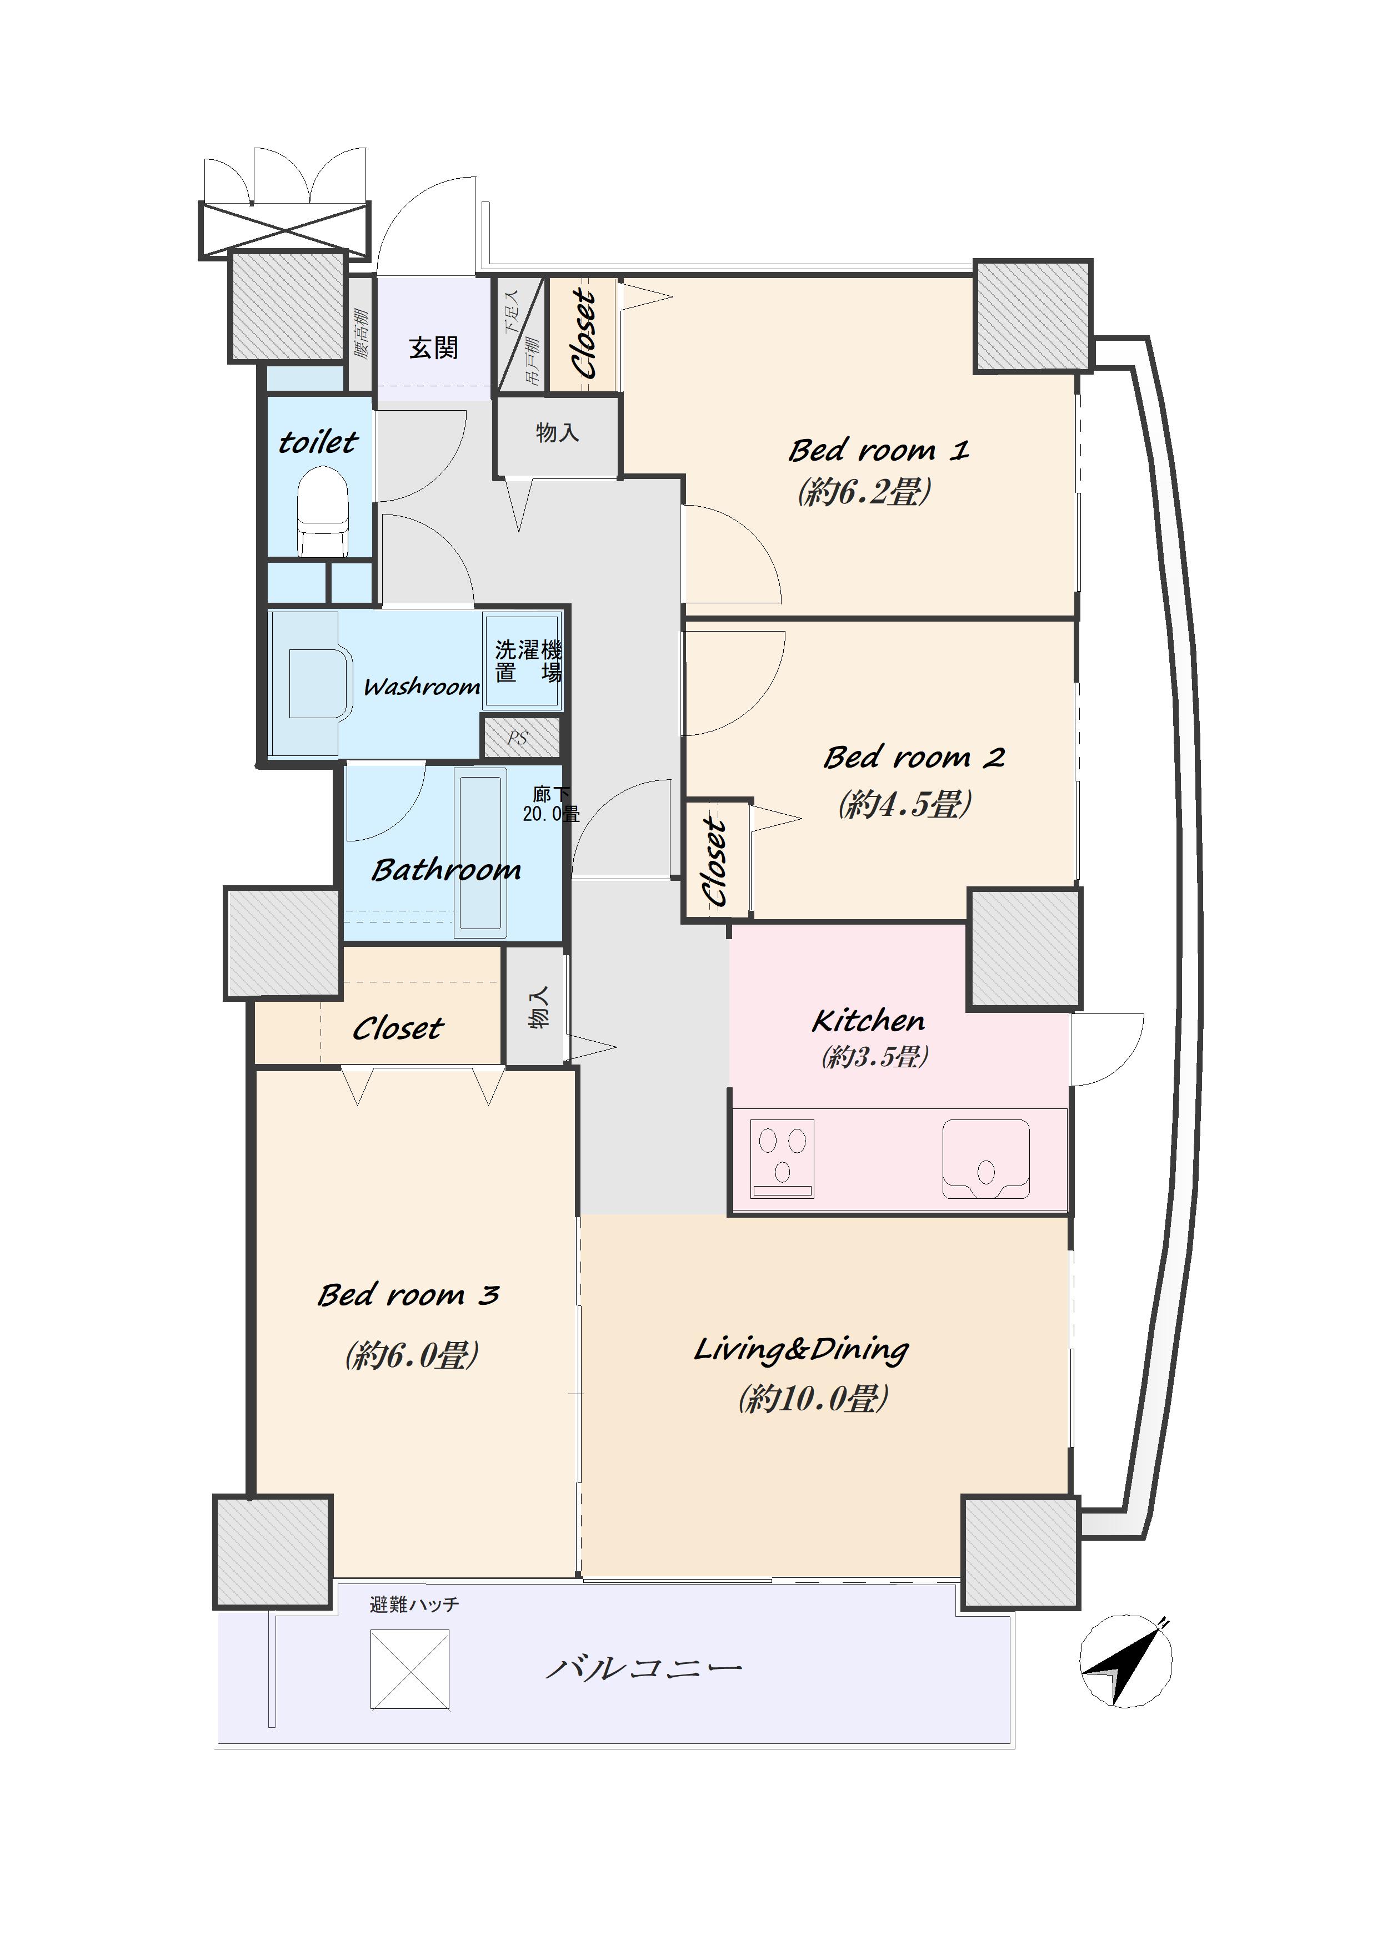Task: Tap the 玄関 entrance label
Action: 434,347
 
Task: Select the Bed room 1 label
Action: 879,450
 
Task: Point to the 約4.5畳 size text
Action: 905,803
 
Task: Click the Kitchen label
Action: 868,1020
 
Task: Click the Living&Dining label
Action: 802,1348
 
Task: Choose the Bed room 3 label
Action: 408,1295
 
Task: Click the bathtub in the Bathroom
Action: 480,853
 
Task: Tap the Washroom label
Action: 422,687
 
